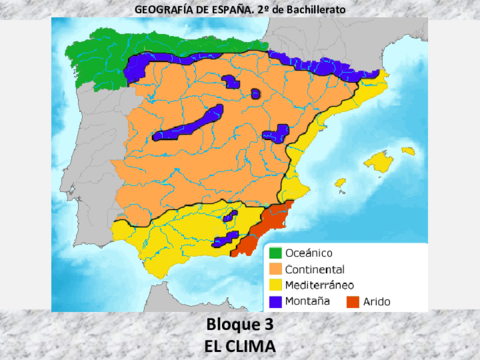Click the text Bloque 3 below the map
239,325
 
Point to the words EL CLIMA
239,345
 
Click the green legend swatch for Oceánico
275,253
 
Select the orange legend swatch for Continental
275,269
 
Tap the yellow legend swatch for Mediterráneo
275,284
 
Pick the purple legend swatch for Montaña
275,300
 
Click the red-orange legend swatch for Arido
352,300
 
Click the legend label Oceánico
309,253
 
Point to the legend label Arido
379,300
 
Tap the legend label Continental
315,269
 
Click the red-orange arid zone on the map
268,228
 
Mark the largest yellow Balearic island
380,160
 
